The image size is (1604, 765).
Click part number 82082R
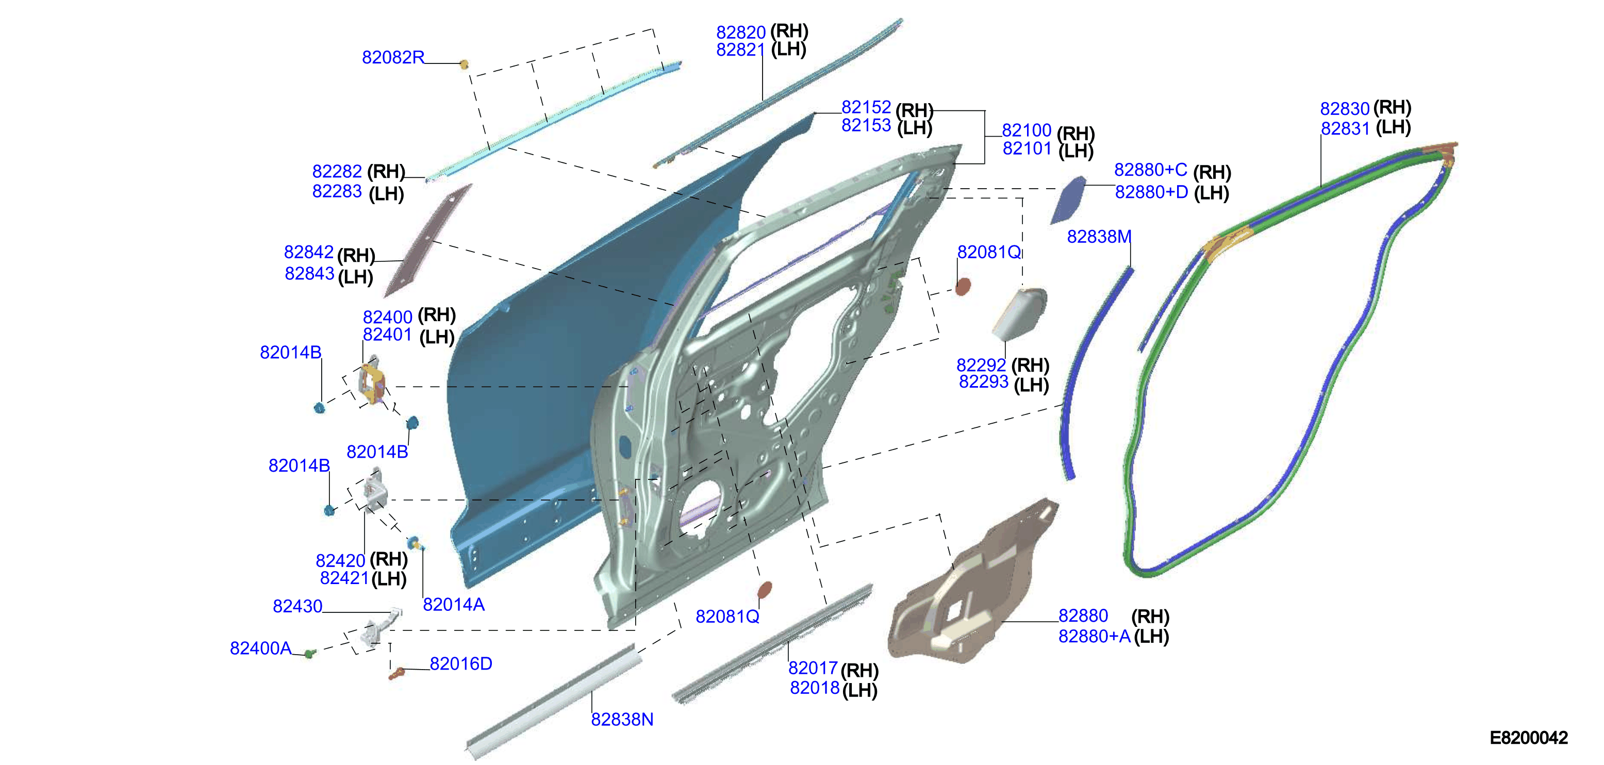click(x=393, y=57)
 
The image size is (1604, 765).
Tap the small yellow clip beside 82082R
click(x=464, y=63)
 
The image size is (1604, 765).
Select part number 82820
click(x=741, y=32)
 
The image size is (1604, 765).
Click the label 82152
click(x=866, y=107)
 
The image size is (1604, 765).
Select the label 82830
click(x=1345, y=109)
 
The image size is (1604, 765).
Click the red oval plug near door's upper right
click(x=963, y=286)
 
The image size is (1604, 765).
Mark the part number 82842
click(x=309, y=252)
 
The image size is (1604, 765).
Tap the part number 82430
click(x=297, y=606)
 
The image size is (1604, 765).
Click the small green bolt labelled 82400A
click(x=309, y=654)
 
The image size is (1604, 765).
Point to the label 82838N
click(x=622, y=720)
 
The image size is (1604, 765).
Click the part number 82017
click(x=813, y=668)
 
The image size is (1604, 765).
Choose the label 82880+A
click(x=1094, y=636)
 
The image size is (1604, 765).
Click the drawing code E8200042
click(x=1529, y=738)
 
